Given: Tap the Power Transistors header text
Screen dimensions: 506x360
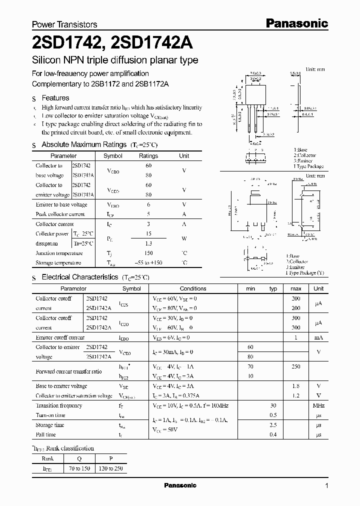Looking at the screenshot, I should point(64,24).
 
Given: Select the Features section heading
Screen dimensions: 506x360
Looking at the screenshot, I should point(55,98).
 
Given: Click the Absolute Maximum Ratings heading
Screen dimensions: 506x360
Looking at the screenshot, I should point(83,144).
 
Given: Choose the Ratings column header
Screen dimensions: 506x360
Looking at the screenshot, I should point(148,156).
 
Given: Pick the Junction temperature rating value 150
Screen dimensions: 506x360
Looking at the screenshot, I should point(148,253).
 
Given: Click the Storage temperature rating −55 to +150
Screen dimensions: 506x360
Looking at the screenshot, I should point(148,263).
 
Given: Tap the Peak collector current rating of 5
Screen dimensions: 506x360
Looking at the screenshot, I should point(148,214).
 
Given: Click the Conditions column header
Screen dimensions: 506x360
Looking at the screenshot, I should point(193,288).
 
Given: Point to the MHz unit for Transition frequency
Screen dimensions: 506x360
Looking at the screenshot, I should point(318,405).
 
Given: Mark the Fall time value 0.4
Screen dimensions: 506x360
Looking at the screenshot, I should point(273,434).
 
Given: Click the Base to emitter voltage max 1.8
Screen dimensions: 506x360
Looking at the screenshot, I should point(295,386).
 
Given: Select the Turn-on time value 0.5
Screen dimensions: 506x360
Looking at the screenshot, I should point(273,415).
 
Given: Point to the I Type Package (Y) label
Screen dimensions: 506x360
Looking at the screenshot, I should point(304,273).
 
